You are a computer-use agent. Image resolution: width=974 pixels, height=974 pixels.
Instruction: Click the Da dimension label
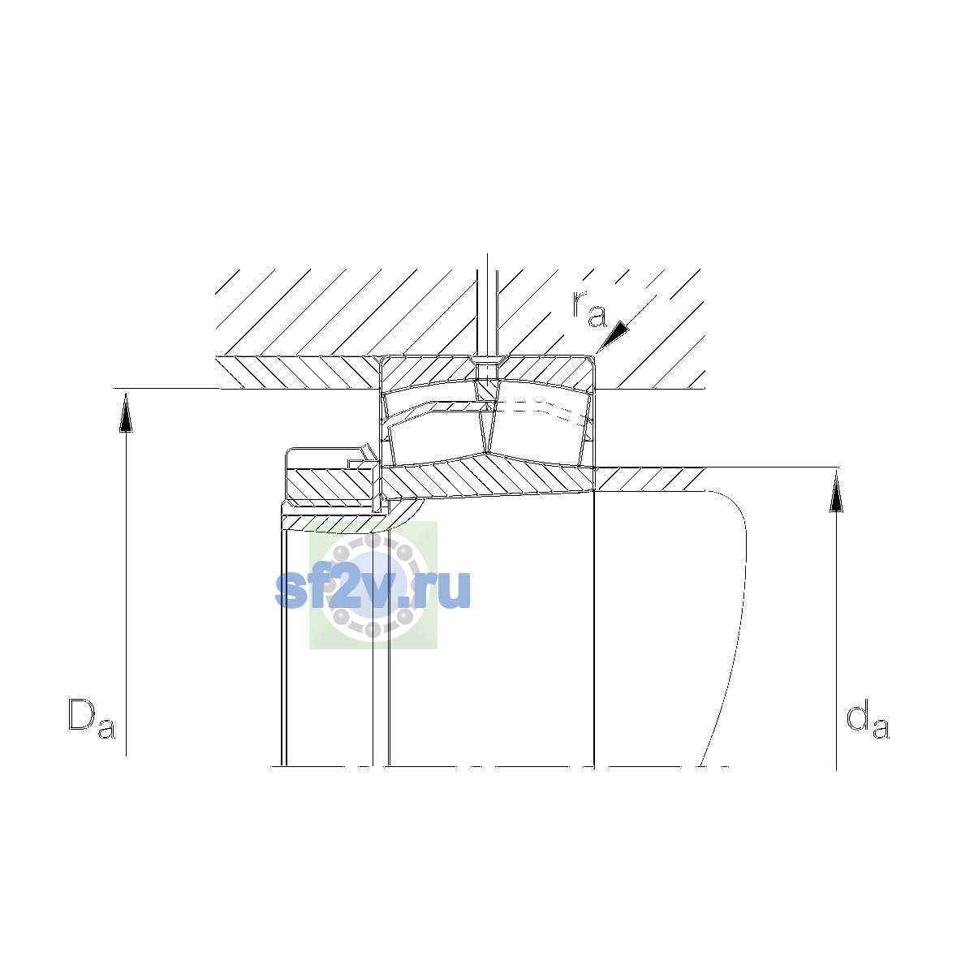[92, 718]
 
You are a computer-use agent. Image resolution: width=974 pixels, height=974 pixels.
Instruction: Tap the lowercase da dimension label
[868, 718]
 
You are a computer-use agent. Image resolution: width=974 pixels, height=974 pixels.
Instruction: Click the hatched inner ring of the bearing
[488, 476]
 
